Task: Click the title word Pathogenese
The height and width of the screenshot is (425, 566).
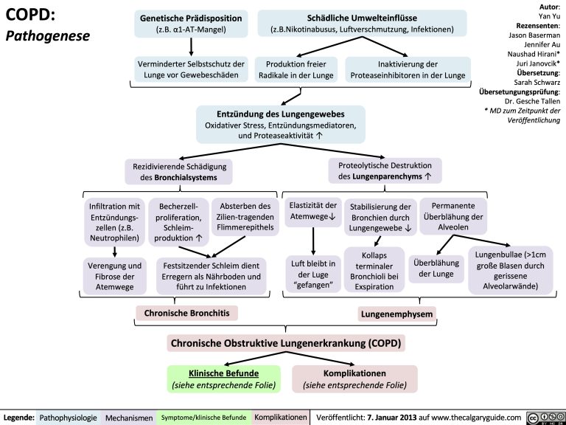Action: (x=47, y=35)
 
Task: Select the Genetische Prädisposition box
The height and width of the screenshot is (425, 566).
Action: (x=191, y=23)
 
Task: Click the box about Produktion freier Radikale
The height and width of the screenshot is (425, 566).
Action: (x=296, y=69)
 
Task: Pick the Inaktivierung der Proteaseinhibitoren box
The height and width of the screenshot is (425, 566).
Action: (x=408, y=69)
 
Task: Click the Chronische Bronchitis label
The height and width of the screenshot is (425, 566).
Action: (x=186, y=314)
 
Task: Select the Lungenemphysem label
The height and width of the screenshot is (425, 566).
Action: (x=396, y=315)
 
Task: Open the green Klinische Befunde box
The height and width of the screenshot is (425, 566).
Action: (x=223, y=379)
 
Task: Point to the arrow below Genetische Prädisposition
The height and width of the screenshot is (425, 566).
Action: (x=192, y=46)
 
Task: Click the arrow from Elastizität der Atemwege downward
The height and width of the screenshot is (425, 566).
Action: (x=314, y=241)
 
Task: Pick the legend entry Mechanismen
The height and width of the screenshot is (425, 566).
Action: (x=129, y=418)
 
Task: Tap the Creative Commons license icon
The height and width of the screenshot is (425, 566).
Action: (x=545, y=418)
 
